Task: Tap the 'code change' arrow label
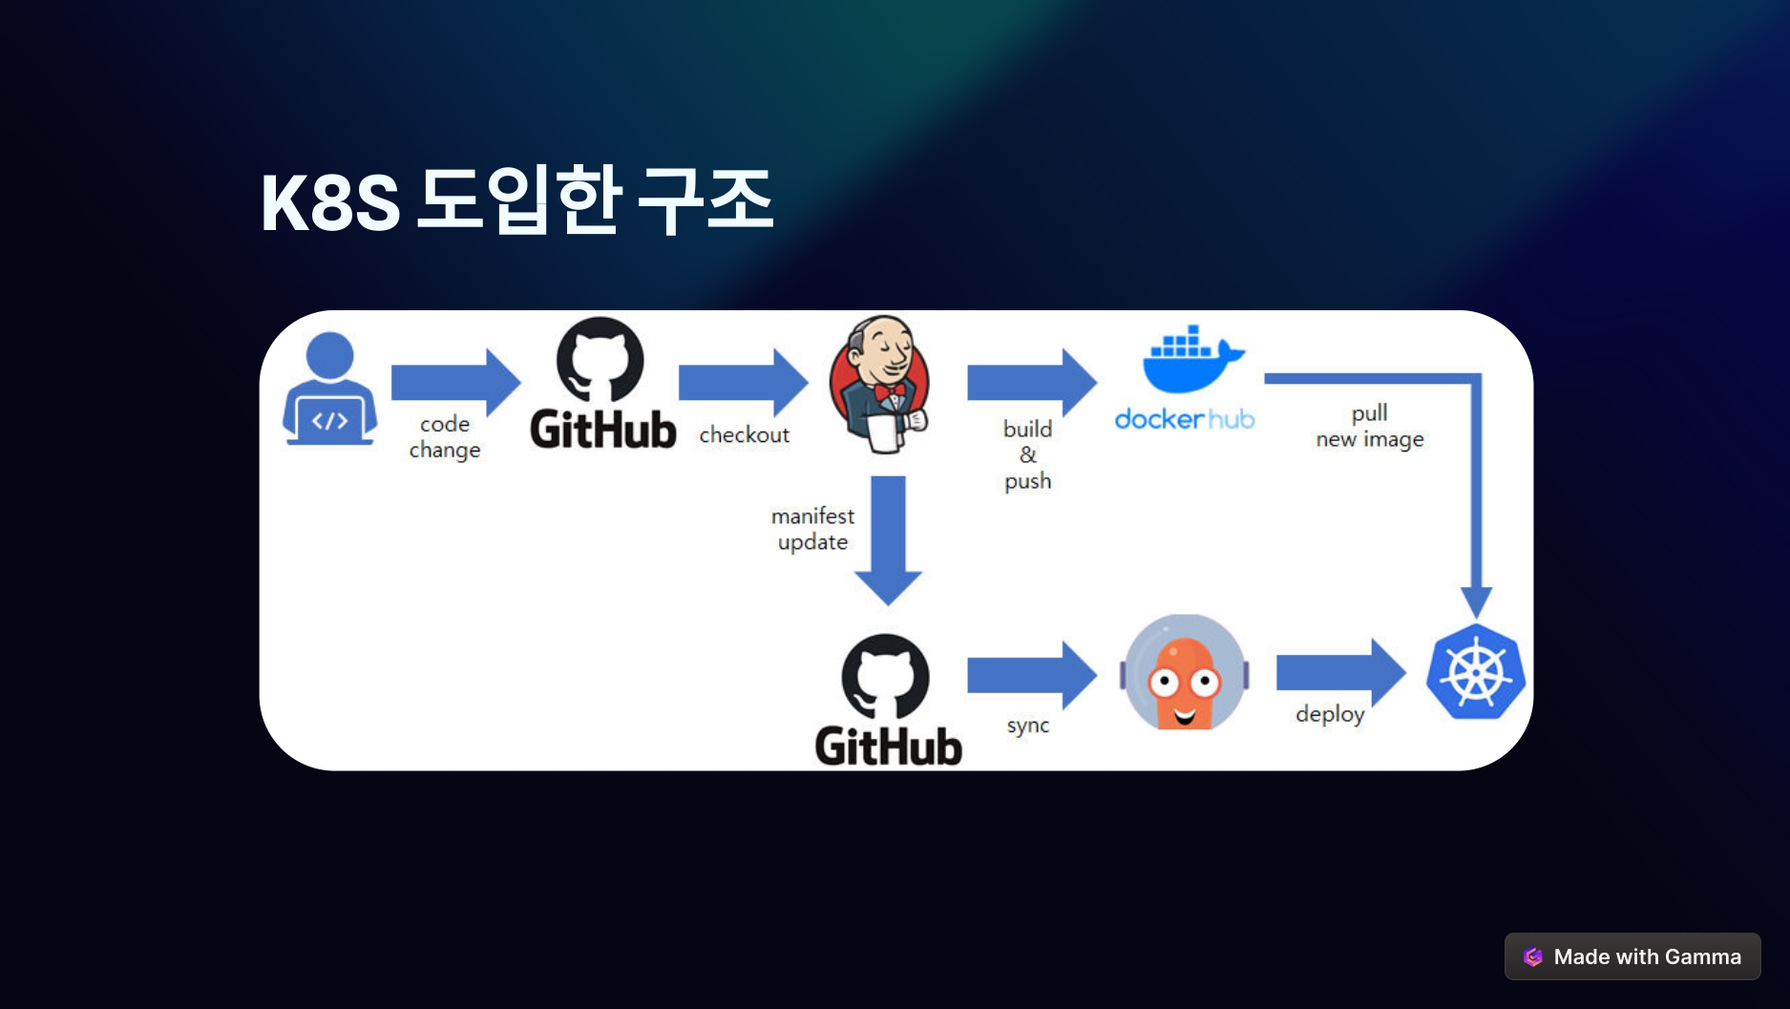pyautogui.click(x=445, y=436)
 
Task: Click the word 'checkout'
pyautogui.click(x=744, y=435)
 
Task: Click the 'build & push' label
pyautogui.click(x=1027, y=454)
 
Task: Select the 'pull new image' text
pyautogui.click(x=1369, y=426)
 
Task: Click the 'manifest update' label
pyautogui.click(x=812, y=529)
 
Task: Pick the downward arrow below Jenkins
pyautogui.click(x=888, y=539)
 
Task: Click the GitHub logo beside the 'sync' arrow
pyautogui.click(x=887, y=701)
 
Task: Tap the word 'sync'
pyautogui.click(x=1027, y=725)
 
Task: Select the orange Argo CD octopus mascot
pyautogui.click(x=1184, y=673)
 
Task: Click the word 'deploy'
pyautogui.click(x=1329, y=714)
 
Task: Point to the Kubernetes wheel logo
pyautogui.click(x=1475, y=672)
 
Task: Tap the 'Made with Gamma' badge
pyautogui.click(x=1632, y=956)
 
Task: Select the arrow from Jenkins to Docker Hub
pyautogui.click(x=1031, y=382)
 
